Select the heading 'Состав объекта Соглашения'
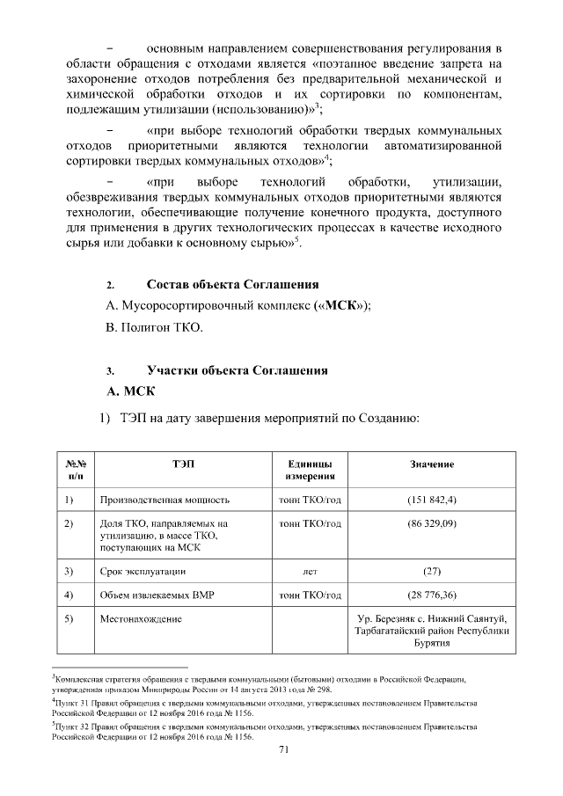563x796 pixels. (x=232, y=284)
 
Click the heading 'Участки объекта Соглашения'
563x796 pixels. (x=237, y=370)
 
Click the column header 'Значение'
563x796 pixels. (x=431, y=464)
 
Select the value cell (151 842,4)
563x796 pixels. (x=431, y=500)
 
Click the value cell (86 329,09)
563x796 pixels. (x=431, y=524)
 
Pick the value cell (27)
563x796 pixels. (x=431, y=571)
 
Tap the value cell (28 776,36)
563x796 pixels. (x=431, y=595)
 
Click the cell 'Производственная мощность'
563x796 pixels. (x=165, y=500)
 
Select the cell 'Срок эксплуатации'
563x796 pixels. (x=143, y=571)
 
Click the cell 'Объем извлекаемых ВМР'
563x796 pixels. (x=157, y=595)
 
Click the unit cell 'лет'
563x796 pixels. (x=309, y=571)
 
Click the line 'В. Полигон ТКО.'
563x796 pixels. (x=153, y=328)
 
